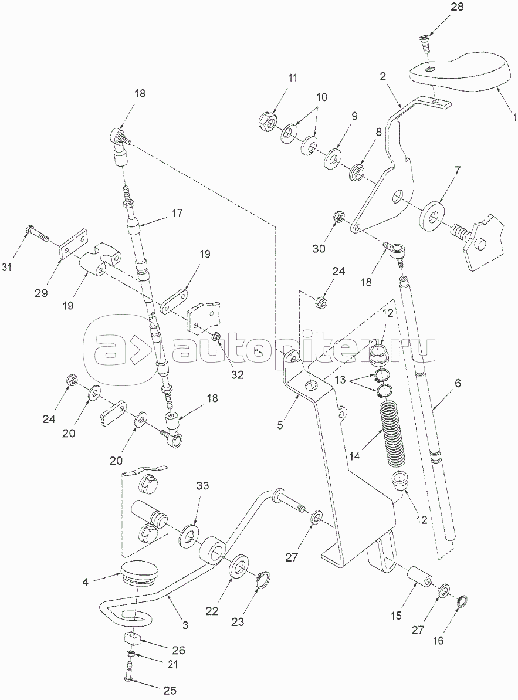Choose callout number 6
(458, 384)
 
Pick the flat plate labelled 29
(74, 247)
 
